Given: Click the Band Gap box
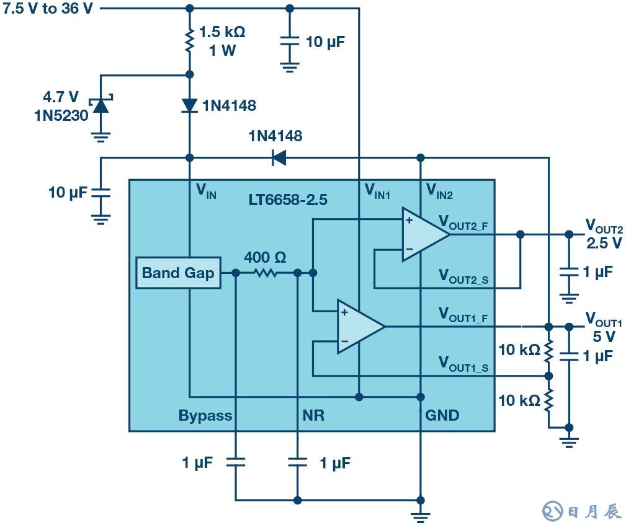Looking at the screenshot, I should (x=177, y=273).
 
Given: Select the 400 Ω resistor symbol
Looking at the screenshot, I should (x=266, y=273).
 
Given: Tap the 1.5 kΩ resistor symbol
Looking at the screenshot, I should (x=190, y=41).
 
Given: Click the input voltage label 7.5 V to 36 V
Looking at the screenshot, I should (x=48, y=10).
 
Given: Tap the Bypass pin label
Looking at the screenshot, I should (x=205, y=415).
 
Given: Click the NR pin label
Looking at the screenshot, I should (x=313, y=415).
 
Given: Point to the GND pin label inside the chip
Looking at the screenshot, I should (x=442, y=415).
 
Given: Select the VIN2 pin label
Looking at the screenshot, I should (x=439, y=192).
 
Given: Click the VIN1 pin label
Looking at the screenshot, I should (x=377, y=192).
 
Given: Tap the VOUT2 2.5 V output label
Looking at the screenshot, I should (x=603, y=234).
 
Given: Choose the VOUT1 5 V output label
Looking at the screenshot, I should (x=603, y=328).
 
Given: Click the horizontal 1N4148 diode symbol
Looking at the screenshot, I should (x=279, y=158).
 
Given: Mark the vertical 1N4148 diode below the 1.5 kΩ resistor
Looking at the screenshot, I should (x=190, y=106).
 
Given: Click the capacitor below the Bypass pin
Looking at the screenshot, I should (x=236, y=462).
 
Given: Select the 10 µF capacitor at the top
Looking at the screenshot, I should (x=289, y=42).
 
